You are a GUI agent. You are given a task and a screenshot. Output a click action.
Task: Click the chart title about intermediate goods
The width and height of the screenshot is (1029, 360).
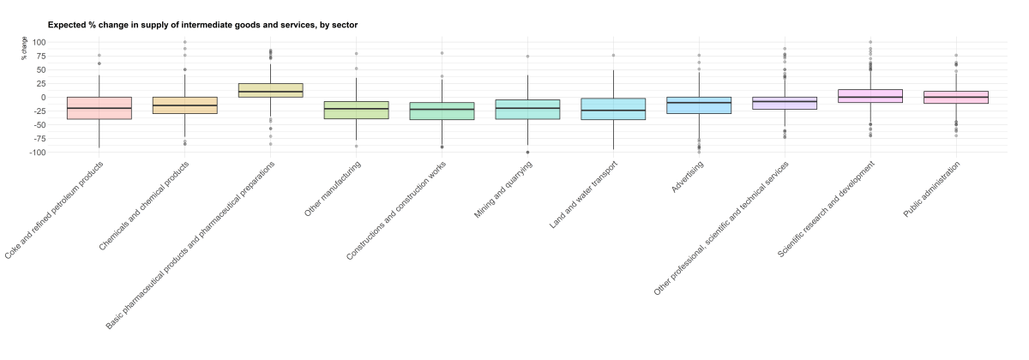(x=202, y=25)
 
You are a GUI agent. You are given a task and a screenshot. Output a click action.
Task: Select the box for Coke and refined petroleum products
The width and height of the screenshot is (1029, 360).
(x=99, y=108)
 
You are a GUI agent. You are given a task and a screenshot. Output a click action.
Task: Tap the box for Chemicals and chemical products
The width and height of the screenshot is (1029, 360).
(x=184, y=105)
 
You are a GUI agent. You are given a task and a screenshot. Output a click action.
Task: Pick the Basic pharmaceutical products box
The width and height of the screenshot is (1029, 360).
(x=270, y=90)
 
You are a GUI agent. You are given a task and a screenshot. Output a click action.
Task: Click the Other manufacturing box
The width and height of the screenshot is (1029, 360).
(x=356, y=110)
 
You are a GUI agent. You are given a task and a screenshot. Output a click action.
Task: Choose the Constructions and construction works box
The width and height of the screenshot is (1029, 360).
(x=442, y=111)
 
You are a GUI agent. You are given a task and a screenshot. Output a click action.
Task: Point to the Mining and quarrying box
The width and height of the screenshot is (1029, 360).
(x=527, y=109)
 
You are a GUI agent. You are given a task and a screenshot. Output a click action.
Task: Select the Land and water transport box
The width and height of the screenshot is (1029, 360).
(x=613, y=109)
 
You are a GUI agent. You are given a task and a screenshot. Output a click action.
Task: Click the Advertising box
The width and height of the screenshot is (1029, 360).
(x=699, y=105)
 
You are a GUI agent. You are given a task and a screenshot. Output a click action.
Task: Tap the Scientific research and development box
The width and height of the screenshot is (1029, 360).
(x=870, y=96)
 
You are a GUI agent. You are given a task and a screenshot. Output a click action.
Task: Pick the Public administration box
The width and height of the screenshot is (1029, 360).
(x=956, y=97)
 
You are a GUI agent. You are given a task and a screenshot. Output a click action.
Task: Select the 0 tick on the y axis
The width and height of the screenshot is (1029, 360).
(x=42, y=98)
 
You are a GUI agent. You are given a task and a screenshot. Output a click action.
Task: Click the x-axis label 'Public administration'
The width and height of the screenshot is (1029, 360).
(x=931, y=192)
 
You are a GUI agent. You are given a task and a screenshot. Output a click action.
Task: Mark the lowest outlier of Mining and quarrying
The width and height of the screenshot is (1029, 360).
(x=527, y=153)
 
